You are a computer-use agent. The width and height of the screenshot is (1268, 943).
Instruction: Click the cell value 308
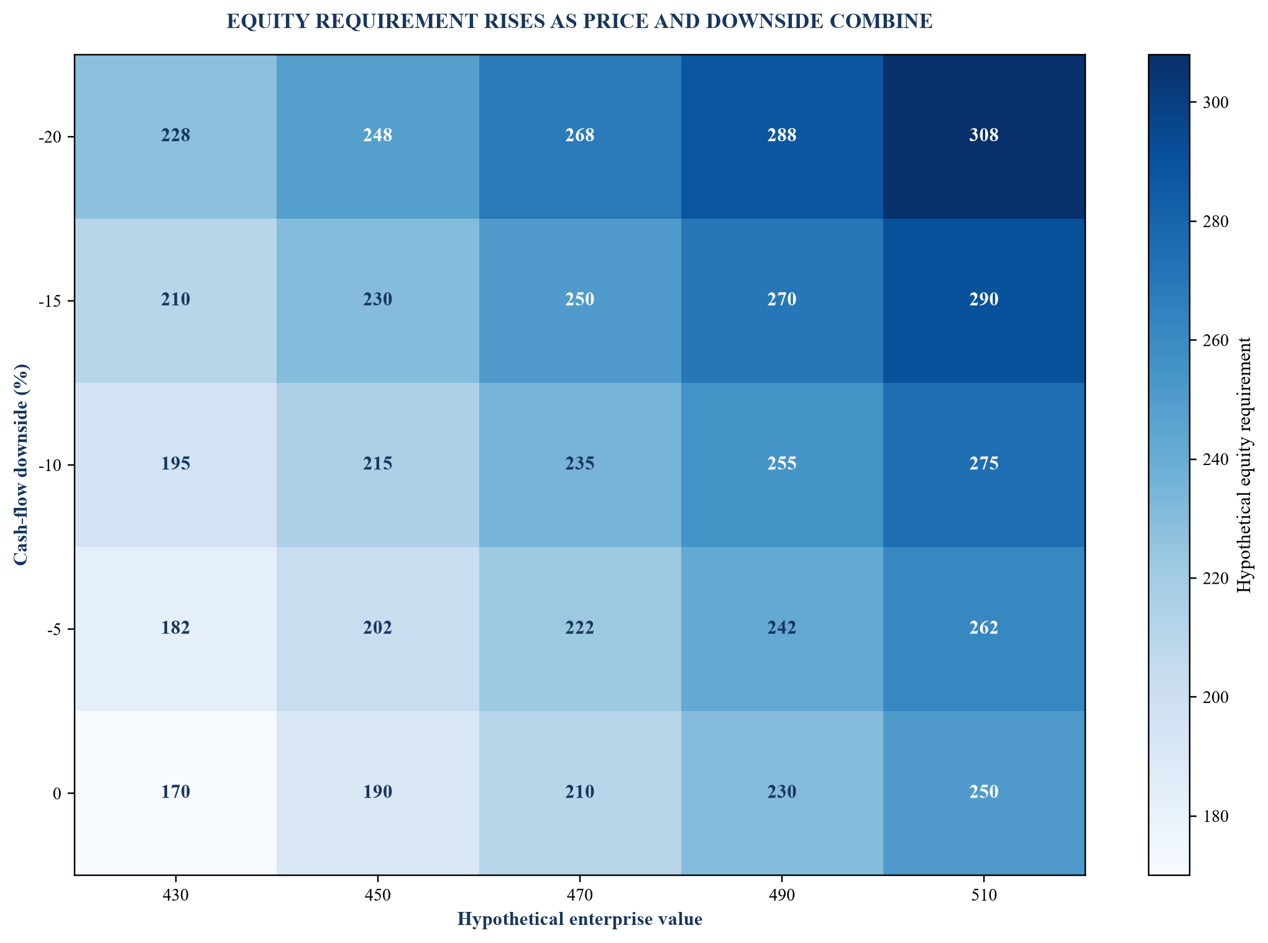click(984, 137)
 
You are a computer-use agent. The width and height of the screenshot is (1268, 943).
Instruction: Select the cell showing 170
click(175, 793)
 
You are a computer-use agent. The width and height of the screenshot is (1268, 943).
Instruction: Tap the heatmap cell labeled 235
click(580, 465)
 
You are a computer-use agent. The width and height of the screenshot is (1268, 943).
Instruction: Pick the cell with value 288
click(782, 137)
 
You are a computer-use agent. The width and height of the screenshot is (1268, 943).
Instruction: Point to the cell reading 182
click(175, 628)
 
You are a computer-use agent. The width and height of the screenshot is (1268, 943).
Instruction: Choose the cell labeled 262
click(984, 628)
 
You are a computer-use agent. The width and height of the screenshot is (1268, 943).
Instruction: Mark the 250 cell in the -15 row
click(580, 301)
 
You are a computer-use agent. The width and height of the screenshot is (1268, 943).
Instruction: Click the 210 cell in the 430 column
click(175, 301)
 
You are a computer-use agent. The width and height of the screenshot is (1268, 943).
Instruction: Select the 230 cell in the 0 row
click(782, 793)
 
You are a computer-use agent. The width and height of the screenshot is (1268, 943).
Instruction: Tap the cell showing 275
click(984, 465)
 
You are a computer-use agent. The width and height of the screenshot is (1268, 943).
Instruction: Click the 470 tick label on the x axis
click(580, 896)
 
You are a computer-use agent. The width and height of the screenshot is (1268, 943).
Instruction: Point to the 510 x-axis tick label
click(984, 896)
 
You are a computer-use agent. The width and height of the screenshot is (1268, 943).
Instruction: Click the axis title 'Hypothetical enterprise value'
click(580, 919)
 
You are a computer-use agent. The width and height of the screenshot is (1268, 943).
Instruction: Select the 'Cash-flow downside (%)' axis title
click(21, 465)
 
